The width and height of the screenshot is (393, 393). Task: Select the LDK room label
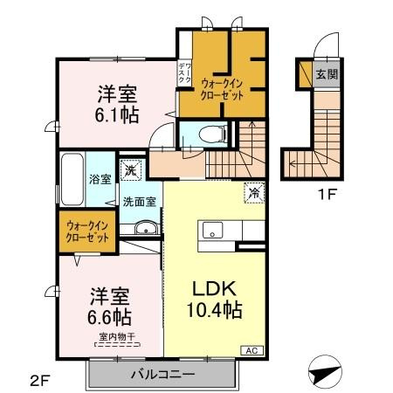pyautogui.click(x=214, y=288)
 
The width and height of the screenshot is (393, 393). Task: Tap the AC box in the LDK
pyautogui.click(x=250, y=350)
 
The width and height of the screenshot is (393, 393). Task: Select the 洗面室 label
pyautogui.click(x=138, y=201)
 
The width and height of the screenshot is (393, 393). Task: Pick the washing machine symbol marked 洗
pyautogui.click(x=129, y=172)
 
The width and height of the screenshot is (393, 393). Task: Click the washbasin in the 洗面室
pyautogui.click(x=146, y=230)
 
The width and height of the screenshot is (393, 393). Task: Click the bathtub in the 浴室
pyautogui.click(x=72, y=180)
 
